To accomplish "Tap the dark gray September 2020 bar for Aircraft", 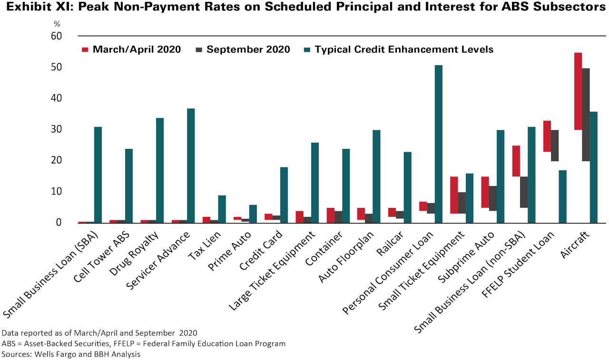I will pyautogui.click(x=586, y=115).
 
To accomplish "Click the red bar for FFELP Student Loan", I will pyautogui.click(x=547, y=136).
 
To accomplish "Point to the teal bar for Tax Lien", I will pyautogui.click(x=222, y=209).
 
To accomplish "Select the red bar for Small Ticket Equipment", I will pyautogui.click(x=454, y=195).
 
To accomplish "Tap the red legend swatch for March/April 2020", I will pyautogui.click(x=86, y=49).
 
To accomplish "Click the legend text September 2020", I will pyautogui.click(x=248, y=49).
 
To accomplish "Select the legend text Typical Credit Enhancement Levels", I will pyautogui.click(x=404, y=49).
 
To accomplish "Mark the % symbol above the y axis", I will pyautogui.click(x=57, y=23).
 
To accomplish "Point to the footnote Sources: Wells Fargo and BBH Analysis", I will pyautogui.click(x=71, y=354).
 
